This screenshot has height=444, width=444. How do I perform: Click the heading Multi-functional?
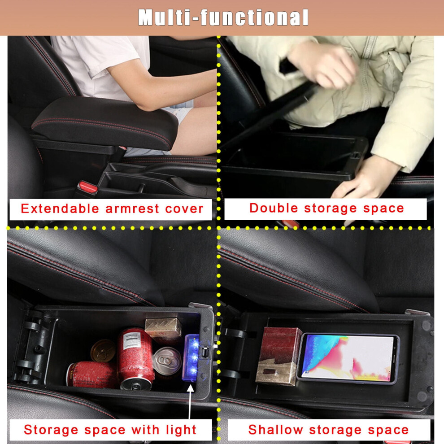(x=223, y=17)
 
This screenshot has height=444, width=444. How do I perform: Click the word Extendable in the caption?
(x=60, y=209)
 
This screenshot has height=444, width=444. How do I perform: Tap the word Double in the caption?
(x=274, y=208)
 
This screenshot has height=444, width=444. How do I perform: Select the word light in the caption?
(x=181, y=430)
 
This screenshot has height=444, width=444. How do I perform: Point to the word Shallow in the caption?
(x=275, y=430)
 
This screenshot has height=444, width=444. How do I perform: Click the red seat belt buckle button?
(x=88, y=187)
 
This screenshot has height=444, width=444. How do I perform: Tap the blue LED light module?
(x=192, y=358)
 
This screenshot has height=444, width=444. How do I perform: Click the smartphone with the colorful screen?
(x=348, y=358)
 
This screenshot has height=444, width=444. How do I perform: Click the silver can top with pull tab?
(x=167, y=361)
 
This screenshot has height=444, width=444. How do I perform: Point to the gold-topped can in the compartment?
(x=103, y=351)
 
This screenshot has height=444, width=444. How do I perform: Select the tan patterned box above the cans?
(x=163, y=328)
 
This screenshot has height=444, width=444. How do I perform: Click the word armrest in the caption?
(x=132, y=209)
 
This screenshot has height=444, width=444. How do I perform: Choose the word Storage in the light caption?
(x=51, y=430)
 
